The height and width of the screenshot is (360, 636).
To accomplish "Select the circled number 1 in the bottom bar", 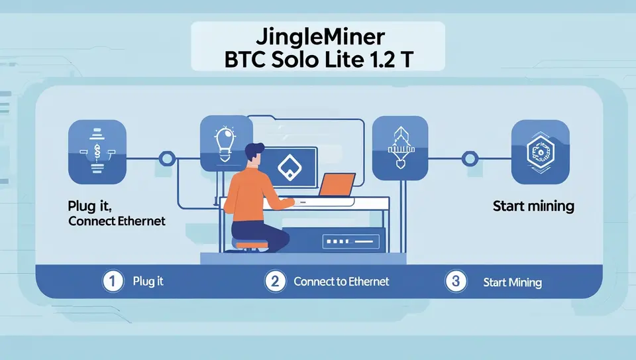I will pyautogui.click(x=113, y=281).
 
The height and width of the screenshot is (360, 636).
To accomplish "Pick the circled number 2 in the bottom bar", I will pyautogui.click(x=274, y=281).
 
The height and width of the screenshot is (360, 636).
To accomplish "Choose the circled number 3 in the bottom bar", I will pyautogui.click(x=454, y=281).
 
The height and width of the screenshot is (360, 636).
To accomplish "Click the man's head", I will pyautogui.click(x=254, y=157).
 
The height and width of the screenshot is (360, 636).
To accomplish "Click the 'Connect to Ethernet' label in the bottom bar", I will pyautogui.click(x=341, y=281).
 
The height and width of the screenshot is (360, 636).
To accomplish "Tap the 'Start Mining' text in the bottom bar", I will pyautogui.click(x=512, y=282).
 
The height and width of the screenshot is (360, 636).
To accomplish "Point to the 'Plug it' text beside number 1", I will pyautogui.click(x=148, y=281).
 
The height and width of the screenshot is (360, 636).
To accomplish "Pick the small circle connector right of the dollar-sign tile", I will pyautogui.click(x=167, y=158).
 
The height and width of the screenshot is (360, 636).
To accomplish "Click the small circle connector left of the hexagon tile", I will pyautogui.click(x=470, y=158).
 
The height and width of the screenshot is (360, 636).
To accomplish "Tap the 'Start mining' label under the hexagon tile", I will pyautogui.click(x=533, y=206).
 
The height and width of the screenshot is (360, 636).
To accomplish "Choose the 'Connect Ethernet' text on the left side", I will pyautogui.click(x=117, y=221).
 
